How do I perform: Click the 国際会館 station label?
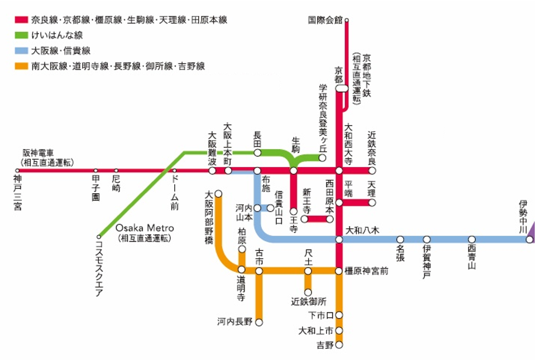tap(325, 20)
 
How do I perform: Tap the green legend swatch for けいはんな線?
tap(21, 35)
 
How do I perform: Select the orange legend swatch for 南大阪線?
tap(21, 66)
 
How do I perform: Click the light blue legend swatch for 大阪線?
tap(21, 51)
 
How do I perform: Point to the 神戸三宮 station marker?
tap(17, 171)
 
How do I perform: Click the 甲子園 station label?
tap(95, 189)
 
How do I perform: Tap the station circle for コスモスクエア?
tap(99, 237)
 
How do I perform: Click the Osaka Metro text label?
tap(145, 228)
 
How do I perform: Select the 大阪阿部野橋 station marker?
tap(218, 194)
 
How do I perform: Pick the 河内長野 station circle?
tap(259, 322)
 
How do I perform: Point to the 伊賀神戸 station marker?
tap(427, 239)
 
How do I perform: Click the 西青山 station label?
tap(472, 256)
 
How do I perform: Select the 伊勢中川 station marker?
tap(529, 239)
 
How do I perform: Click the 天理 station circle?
tap(372, 203)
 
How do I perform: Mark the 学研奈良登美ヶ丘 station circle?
tap(323, 158)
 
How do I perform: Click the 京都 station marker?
tap(342, 88)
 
